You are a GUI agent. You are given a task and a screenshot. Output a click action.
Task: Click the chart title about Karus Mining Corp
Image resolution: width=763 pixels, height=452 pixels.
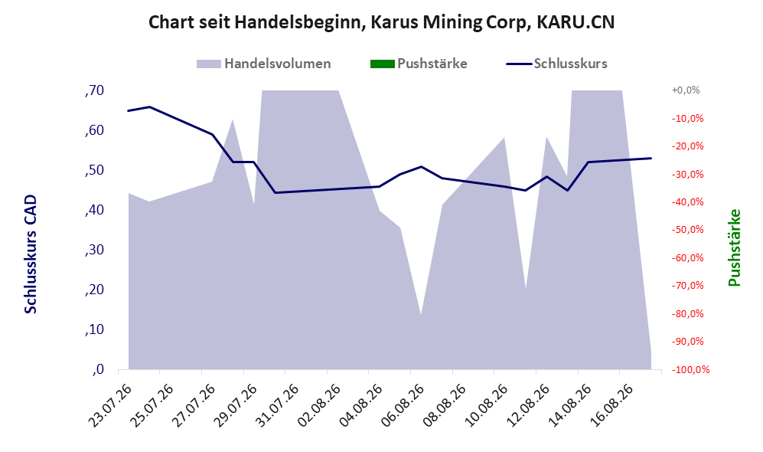(x=381, y=22)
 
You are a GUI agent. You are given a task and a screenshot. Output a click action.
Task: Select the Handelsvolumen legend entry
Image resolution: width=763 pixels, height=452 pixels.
(x=264, y=64)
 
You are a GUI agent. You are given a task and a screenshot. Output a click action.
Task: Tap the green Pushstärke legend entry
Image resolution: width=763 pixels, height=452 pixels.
(x=419, y=64)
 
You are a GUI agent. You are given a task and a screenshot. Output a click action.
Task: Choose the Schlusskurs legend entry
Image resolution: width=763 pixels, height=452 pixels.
(x=556, y=64)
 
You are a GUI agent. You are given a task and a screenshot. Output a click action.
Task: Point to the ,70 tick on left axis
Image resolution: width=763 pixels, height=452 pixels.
(x=94, y=90)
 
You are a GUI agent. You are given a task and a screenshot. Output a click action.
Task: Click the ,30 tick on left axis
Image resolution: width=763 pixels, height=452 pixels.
(x=94, y=250)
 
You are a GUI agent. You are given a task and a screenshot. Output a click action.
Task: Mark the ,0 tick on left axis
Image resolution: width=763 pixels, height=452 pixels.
(x=97, y=369)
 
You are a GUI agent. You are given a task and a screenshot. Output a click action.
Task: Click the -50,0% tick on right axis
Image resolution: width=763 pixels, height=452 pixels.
(x=687, y=229)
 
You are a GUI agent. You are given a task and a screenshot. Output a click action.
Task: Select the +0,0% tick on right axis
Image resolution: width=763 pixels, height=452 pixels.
(x=686, y=90)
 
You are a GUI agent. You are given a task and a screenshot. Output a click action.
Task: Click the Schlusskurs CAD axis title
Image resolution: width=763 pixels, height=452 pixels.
(x=30, y=254)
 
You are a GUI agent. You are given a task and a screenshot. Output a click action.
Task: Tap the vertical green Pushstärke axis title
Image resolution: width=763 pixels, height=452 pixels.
(x=734, y=248)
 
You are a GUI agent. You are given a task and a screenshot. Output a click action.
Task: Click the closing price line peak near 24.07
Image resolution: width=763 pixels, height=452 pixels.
(x=149, y=106)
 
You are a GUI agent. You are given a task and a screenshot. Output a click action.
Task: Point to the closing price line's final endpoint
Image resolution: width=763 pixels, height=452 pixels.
(x=651, y=159)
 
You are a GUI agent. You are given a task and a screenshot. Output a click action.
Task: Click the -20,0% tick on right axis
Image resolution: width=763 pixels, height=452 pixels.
(x=687, y=146)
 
